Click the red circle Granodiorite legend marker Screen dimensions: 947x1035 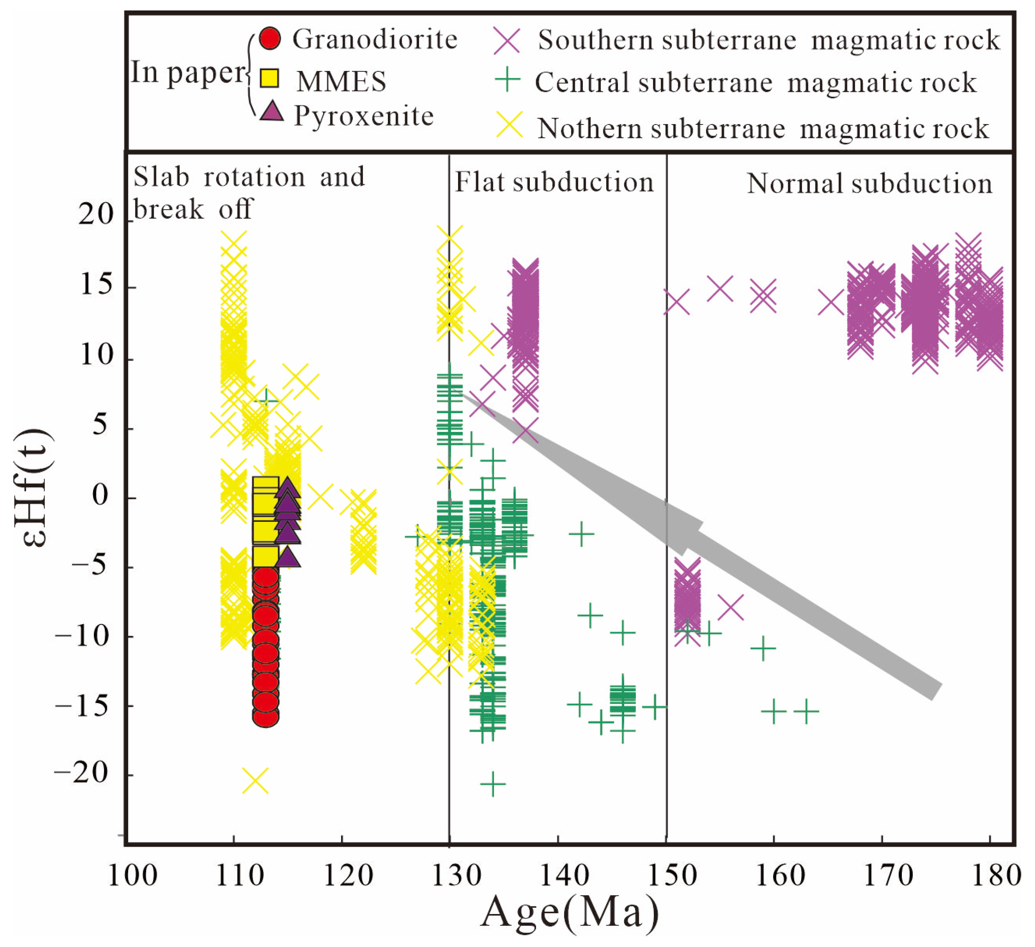point(270,38)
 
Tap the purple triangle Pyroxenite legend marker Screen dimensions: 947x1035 point(271,112)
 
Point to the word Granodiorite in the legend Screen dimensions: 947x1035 point(375,40)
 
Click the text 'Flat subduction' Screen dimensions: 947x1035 point(554,182)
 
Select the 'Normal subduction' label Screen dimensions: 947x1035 point(869,184)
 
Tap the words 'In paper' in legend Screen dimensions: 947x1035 point(188,72)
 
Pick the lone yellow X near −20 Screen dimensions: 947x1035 point(255,781)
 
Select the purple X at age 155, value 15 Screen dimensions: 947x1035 point(720,289)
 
